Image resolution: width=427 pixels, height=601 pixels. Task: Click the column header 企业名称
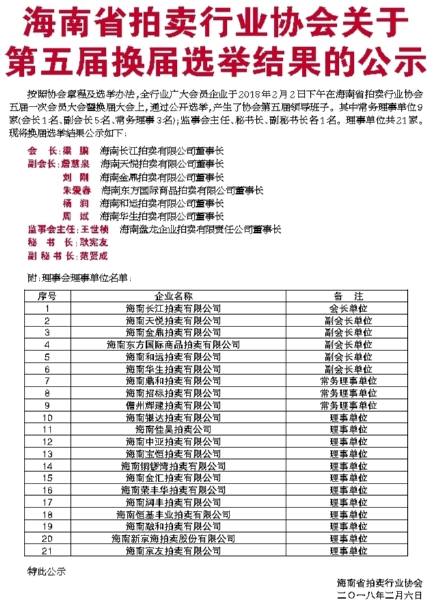(x=174, y=296)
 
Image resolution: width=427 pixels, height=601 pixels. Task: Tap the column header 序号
(x=47, y=296)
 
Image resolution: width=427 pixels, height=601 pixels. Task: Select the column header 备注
(x=348, y=296)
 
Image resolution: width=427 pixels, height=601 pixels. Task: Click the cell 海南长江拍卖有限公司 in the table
(x=174, y=308)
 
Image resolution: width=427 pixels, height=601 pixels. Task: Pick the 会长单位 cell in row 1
(x=348, y=308)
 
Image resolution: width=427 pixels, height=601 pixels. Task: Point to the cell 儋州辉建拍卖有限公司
(x=174, y=405)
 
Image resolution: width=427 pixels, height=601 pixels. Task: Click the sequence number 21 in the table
(x=47, y=550)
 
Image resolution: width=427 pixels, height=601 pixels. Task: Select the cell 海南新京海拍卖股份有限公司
(x=174, y=538)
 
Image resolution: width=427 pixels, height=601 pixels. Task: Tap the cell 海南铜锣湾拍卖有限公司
(x=174, y=465)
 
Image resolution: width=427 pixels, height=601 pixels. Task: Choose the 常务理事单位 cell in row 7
(x=348, y=380)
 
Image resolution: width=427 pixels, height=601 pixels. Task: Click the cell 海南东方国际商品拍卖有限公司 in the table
(x=174, y=344)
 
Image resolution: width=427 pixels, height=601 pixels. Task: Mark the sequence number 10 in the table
(x=47, y=417)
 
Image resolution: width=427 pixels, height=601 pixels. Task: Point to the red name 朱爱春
(x=76, y=190)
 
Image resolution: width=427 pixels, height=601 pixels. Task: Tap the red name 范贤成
(x=94, y=256)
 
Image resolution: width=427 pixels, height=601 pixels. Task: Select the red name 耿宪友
(x=94, y=242)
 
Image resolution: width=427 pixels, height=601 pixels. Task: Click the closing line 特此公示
(x=47, y=571)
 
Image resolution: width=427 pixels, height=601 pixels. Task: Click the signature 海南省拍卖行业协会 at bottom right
(x=379, y=583)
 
